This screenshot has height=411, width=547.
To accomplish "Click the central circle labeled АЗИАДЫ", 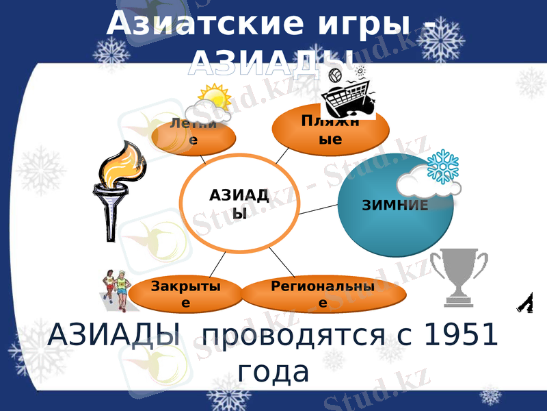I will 239,203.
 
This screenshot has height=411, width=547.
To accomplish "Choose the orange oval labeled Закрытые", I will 186,295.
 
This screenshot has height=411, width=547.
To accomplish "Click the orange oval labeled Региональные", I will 323,295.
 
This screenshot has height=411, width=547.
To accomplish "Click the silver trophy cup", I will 459,274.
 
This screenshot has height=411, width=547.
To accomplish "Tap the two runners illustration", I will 116,288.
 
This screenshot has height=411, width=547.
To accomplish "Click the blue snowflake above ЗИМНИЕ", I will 442,166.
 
